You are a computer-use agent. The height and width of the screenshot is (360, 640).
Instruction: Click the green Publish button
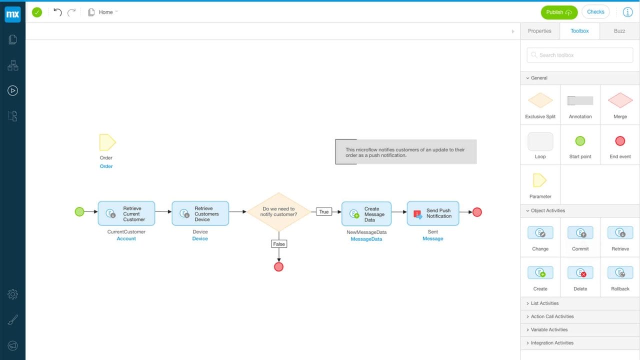click(x=558, y=12)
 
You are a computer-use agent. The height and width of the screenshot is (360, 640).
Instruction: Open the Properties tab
click(x=539, y=31)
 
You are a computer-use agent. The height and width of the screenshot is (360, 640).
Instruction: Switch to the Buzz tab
click(x=619, y=31)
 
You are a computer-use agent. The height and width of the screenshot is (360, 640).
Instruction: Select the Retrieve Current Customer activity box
click(x=126, y=213)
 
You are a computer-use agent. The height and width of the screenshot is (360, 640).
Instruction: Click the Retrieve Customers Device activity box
click(x=200, y=213)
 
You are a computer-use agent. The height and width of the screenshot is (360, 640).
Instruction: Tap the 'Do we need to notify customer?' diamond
click(x=278, y=212)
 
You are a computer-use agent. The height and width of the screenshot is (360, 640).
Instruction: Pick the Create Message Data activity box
click(x=366, y=213)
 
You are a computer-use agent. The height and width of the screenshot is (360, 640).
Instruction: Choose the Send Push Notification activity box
click(x=432, y=213)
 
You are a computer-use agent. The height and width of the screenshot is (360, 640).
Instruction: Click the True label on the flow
click(x=324, y=212)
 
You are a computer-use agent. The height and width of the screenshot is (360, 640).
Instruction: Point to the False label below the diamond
click(x=279, y=244)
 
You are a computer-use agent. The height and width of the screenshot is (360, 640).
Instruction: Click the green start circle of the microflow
click(x=79, y=212)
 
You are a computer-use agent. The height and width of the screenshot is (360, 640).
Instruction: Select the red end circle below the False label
click(x=279, y=267)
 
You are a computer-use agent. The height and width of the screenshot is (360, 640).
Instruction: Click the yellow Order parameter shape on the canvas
click(x=107, y=142)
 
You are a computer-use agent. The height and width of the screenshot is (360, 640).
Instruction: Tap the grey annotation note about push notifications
click(x=406, y=152)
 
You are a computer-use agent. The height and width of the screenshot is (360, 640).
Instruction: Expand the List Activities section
click(x=544, y=303)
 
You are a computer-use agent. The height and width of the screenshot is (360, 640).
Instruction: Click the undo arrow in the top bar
click(x=57, y=12)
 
